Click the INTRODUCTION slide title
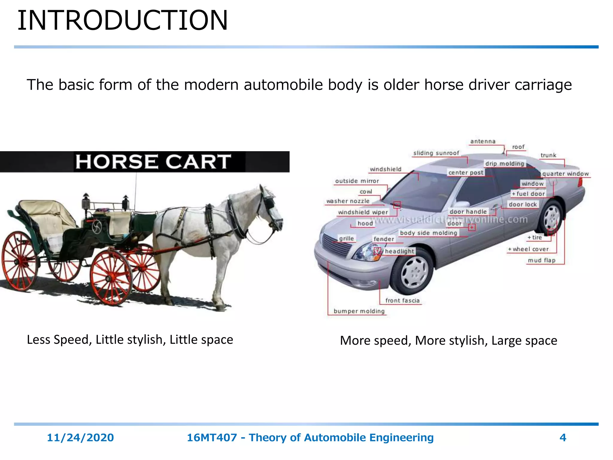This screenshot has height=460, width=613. (x=123, y=20)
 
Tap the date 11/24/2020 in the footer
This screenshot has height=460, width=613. (x=80, y=438)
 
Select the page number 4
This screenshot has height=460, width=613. (x=563, y=438)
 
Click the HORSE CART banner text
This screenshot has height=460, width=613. (x=153, y=162)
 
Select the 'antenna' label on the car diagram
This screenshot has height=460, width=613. (x=483, y=141)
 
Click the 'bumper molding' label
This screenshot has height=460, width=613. (x=359, y=311)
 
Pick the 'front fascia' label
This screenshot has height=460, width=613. (x=402, y=300)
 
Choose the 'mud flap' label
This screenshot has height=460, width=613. (x=541, y=260)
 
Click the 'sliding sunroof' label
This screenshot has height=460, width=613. (x=436, y=153)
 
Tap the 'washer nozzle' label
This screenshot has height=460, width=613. (x=348, y=201)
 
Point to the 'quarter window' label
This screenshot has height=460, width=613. (x=565, y=174)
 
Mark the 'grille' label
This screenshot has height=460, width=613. (x=346, y=238)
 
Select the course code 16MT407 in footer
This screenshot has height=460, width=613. (x=212, y=438)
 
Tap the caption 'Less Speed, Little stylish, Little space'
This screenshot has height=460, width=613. (x=130, y=340)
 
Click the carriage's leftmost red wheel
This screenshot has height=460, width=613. (x=20, y=261)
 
